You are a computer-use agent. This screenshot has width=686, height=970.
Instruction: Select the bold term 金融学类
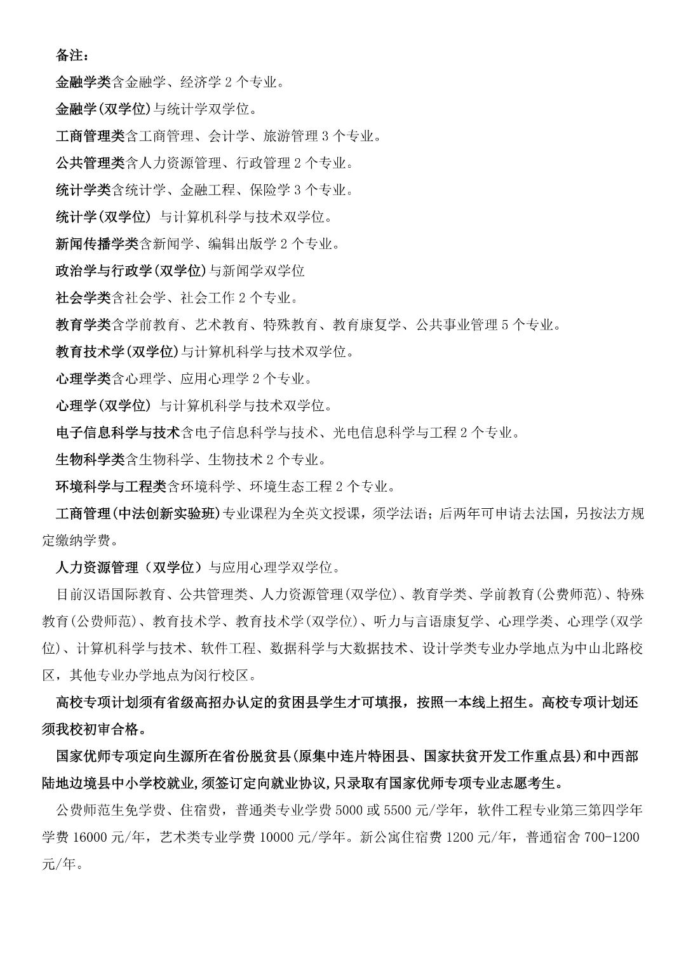click(x=83, y=82)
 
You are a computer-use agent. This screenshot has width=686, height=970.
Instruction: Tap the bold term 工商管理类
click(x=90, y=136)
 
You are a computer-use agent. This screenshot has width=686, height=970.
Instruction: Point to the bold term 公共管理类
click(x=90, y=163)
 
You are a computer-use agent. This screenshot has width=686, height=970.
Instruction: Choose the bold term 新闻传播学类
click(x=97, y=244)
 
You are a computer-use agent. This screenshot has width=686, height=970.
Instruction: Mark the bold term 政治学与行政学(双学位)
click(x=131, y=271)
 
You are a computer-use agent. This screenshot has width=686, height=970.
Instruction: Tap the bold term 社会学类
click(x=83, y=298)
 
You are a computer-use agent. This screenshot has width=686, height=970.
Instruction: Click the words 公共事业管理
click(x=457, y=325)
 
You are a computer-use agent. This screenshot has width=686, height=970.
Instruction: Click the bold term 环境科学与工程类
click(x=111, y=487)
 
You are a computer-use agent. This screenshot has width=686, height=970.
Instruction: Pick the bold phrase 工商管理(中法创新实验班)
click(x=137, y=514)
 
